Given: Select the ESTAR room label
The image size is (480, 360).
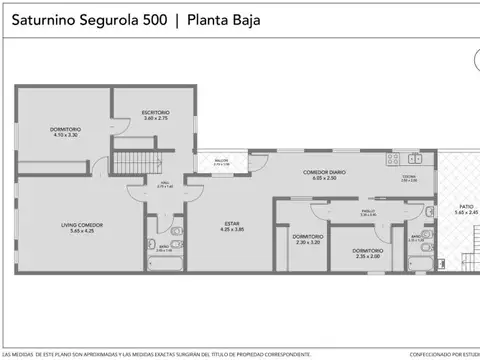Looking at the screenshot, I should (x=232, y=223).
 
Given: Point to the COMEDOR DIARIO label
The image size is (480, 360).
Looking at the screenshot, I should (x=324, y=171).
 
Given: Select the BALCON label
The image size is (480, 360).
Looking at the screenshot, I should (x=221, y=160).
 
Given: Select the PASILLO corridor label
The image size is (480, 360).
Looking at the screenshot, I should (x=367, y=211).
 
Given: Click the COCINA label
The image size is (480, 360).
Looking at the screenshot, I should (x=408, y=177).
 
